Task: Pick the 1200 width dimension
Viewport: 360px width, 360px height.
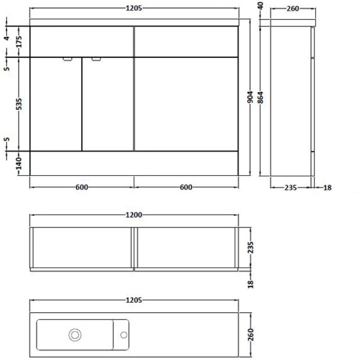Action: coord(134,216)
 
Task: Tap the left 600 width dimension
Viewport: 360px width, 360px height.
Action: coord(81,188)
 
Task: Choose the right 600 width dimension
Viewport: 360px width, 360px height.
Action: coord(186,188)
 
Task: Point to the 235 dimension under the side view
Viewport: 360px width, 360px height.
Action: coord(291,188)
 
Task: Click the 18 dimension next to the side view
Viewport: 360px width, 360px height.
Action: coord(327,188)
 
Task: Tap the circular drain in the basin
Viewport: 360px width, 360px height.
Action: coord(75,334)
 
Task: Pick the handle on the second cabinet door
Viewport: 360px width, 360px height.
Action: coord(96,59)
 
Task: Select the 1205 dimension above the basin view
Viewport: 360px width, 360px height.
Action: coord(134,300)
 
